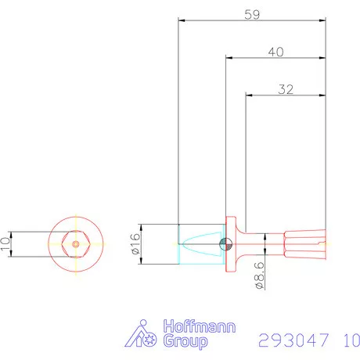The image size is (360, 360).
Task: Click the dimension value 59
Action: point(251,13)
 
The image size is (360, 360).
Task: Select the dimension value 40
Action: point(275,52)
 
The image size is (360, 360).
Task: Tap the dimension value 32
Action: point(285,89)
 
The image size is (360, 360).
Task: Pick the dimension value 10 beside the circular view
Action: point(7,243)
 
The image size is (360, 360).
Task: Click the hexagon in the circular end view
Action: point(75,243)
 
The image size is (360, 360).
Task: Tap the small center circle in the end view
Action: point(75,243)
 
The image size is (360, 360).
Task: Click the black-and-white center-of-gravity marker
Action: point(224,243)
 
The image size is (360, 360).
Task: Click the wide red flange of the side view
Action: point(232,243)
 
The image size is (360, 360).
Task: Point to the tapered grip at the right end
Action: point(305,243)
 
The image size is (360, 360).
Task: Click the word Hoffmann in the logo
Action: point(198,327)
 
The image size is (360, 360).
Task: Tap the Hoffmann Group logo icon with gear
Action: point(142,334)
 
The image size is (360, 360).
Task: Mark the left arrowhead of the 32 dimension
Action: point(250,95)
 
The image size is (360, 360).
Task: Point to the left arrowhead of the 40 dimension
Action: point(229,57)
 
